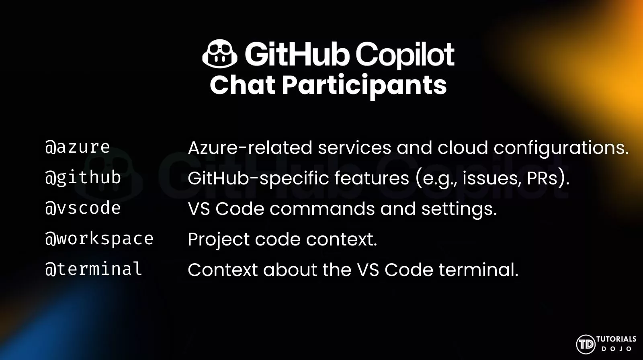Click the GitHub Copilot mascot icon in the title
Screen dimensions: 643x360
point(219,54)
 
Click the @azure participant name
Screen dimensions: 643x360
point(78,147)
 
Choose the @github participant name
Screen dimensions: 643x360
point(83,178)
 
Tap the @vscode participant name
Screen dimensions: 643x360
point(83,208)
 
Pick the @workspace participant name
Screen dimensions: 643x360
point(99,239)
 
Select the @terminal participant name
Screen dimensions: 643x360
point(94,269)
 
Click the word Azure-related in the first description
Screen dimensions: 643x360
point(250,147)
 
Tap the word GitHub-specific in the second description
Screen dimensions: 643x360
point(258,179)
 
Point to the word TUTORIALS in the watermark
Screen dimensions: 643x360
point(616,339)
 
